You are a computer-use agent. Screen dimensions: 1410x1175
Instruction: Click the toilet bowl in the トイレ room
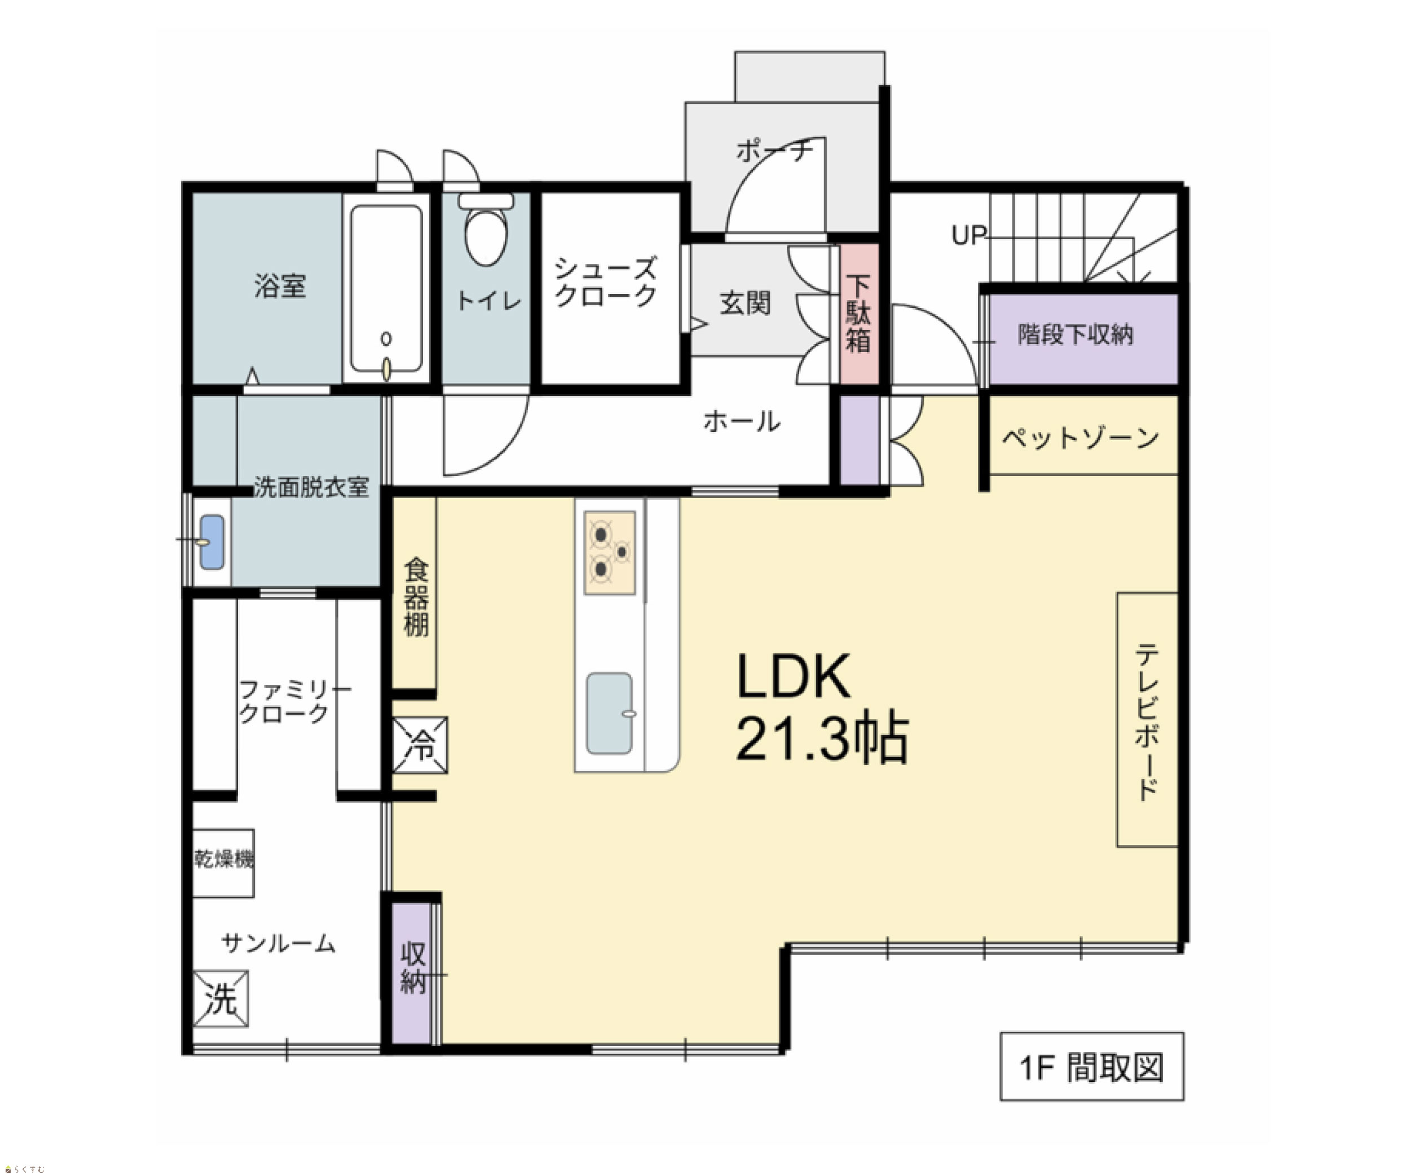[x=486, y=236]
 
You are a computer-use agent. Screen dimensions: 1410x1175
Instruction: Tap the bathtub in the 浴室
[x=386, y=288]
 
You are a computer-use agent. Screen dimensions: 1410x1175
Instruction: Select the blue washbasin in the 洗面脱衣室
[x=211, y=542]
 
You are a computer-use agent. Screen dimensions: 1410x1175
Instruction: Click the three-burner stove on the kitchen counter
[x=610, y=553]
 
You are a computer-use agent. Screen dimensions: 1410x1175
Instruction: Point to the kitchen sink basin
[x=610, y=713]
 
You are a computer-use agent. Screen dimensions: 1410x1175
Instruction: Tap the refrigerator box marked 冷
[x=420, y=745]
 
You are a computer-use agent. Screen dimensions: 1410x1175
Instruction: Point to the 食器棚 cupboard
[x=415, y=593]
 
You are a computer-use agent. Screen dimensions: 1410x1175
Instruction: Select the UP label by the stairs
[x=969, y=235]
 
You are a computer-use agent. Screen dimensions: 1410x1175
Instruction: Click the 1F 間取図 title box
[x=1092, y=1067]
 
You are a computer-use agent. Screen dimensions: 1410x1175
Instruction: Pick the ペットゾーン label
[x=1080, y=438]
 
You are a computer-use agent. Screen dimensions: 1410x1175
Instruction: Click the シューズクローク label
[x=606, y=283]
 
